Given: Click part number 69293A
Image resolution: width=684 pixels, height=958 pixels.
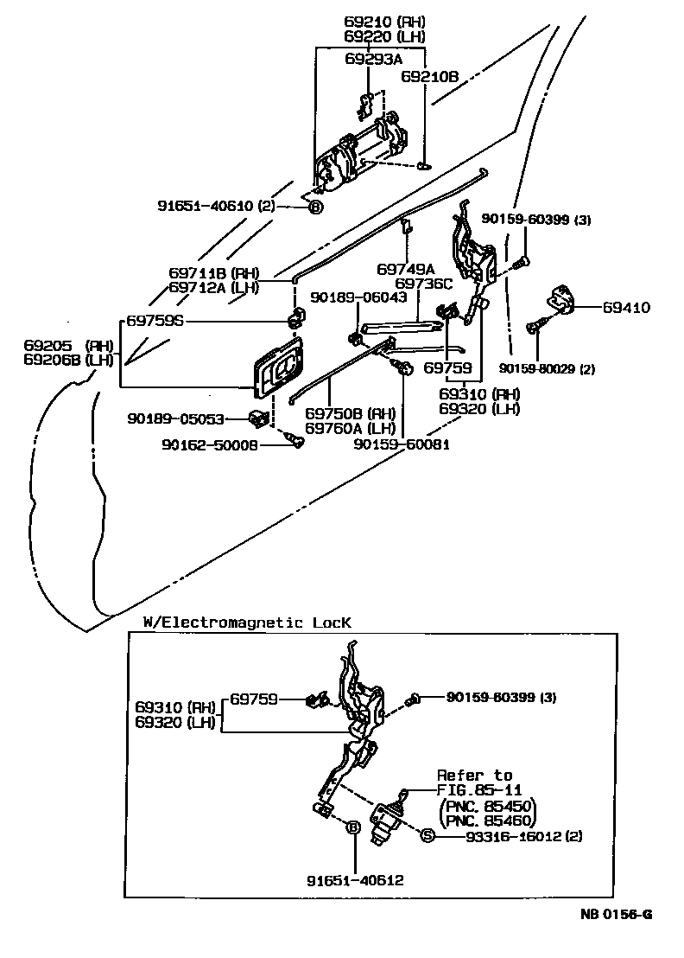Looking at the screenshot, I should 373,59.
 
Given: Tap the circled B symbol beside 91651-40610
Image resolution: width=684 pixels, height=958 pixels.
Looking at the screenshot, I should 315,207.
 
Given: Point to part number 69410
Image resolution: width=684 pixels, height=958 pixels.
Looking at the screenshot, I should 626,307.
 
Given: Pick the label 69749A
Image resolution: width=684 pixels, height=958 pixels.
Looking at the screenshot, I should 404,269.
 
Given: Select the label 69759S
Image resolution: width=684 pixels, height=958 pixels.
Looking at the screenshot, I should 155,320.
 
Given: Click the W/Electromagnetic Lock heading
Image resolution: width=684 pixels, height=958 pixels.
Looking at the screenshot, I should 247,622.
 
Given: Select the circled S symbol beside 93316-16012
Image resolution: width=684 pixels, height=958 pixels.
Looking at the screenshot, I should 426,835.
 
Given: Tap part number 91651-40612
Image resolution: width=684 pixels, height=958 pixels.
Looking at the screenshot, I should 355,880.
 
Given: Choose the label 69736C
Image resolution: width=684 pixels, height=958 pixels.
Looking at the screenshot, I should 423,283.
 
